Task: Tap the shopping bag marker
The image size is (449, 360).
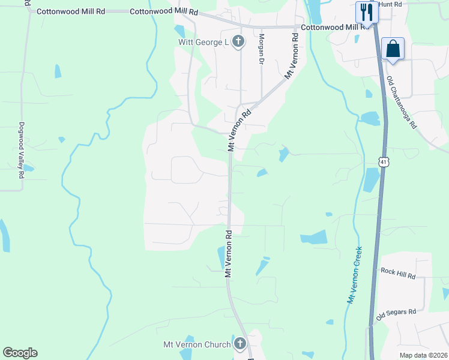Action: coord(393,49)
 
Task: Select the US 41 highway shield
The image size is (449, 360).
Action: coord(384,162)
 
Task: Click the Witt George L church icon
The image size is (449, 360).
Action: coord(238,41)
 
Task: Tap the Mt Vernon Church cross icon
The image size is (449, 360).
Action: coord(240,343)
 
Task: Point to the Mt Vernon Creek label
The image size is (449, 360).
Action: coord(354,275)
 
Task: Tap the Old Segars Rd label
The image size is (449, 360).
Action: coord(396,313)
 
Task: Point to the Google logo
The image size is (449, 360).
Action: coord(20,353)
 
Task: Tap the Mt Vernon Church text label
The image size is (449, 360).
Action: coord(197,344)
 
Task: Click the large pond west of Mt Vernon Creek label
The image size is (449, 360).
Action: coord(313,237)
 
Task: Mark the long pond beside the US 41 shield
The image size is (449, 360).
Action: coord(371,180)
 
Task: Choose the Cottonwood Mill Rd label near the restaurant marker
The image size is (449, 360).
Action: coord(336,27)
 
